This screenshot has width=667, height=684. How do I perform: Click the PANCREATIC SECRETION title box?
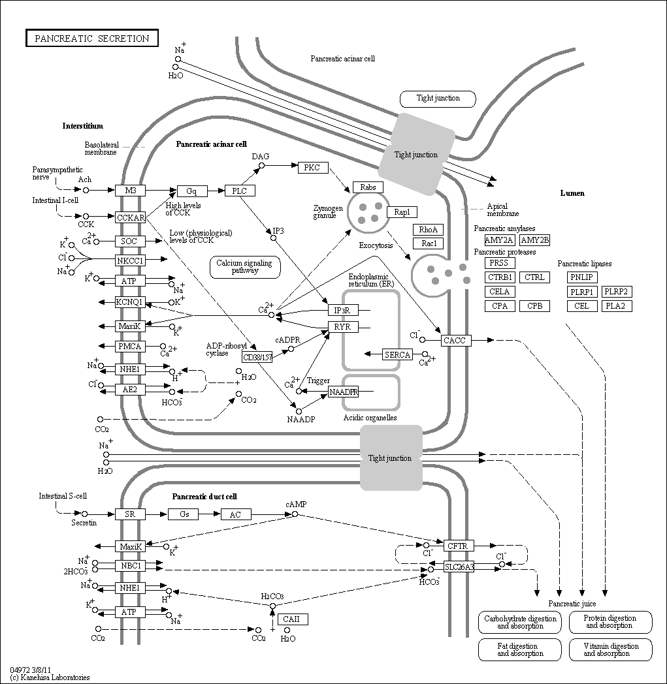click(91, 38)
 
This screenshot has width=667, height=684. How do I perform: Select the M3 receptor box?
click(130, 190)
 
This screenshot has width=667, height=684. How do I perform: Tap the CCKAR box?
click(130, 217)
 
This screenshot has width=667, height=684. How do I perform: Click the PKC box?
click(312, 168)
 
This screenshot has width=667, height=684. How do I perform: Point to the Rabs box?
click(368, 187)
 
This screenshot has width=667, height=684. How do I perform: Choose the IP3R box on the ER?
click(343, 310)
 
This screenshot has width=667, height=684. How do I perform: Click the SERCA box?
click(397, 354)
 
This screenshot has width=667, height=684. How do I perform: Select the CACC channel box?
click(455, 340)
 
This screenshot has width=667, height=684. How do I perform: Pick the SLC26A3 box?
click(459, 567)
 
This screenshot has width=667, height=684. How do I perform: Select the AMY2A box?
click(500, 240)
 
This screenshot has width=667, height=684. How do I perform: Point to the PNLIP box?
click(582, 277)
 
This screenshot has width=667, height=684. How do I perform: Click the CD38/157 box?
click(257, 357)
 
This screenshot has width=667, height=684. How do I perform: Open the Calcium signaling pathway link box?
click(245, 267)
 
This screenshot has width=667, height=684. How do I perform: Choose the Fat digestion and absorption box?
click(520, 649)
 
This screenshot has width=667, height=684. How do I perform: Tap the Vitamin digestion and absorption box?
click(611, 649)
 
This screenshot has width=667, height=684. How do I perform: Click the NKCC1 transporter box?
click(130, 260)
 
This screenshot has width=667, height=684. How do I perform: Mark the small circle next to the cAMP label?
click(295, 514)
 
